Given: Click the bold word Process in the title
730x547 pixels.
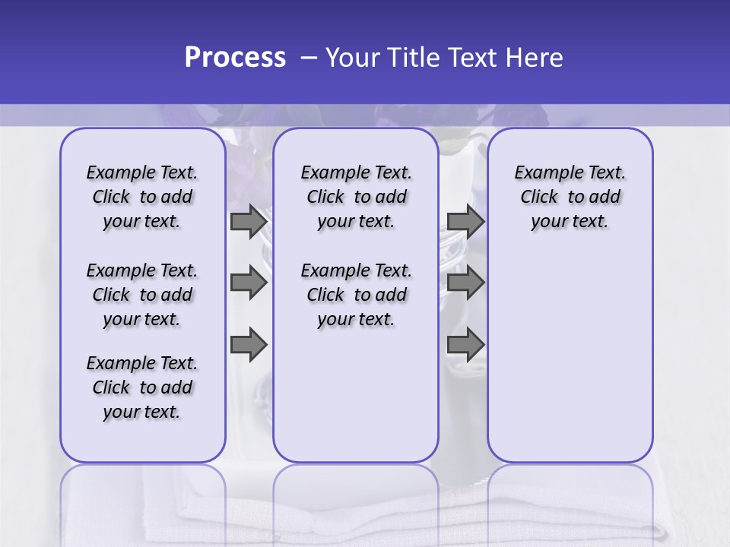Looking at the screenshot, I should pos(235,58).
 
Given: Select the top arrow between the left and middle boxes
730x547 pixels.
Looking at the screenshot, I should pos(249,221).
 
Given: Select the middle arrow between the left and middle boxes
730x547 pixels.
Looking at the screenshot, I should pos(249,283).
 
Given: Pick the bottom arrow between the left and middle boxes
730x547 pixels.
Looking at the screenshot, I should pos(249,344).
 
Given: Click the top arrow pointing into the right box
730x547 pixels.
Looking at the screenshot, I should pos(465,221).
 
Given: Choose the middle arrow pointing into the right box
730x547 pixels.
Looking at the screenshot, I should pos(465,283).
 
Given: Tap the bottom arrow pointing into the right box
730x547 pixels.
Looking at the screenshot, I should pos(465,344).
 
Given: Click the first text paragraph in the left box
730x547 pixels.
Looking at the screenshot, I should pos(142,197).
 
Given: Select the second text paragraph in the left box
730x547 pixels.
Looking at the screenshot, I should pos(142,295).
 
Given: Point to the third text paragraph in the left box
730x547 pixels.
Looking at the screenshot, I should pos(142,387).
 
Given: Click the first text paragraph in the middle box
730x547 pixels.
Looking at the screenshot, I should pos(356,197).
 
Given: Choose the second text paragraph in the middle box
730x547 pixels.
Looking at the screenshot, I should pos(356,295).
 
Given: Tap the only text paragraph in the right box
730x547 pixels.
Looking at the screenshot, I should pos(570,197).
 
